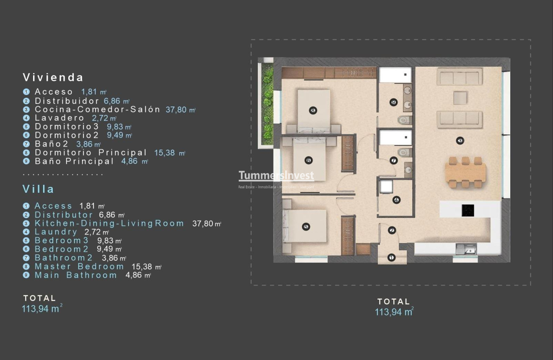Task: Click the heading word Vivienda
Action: pos(53,77)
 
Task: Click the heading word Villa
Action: pos(39,189)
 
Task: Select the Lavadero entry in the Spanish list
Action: pos(59,118)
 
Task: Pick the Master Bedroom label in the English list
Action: pos(79,267)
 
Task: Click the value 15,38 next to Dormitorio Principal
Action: pos(165,153)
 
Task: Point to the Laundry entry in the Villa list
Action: pos(56,232)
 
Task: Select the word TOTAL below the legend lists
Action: pos(40,298)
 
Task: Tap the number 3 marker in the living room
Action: pos(460,141)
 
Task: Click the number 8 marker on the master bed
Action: pos(313,111)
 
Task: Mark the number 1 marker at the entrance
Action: pos(392,257)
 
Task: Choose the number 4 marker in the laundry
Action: pos(396,200)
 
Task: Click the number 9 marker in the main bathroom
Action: pos(393,102)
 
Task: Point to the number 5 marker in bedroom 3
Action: pos(305,227)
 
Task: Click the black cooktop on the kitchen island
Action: pos(468,210)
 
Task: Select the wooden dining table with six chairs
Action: pos(465,172)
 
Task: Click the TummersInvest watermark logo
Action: pos(276,176)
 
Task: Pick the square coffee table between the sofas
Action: pos(460,98)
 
